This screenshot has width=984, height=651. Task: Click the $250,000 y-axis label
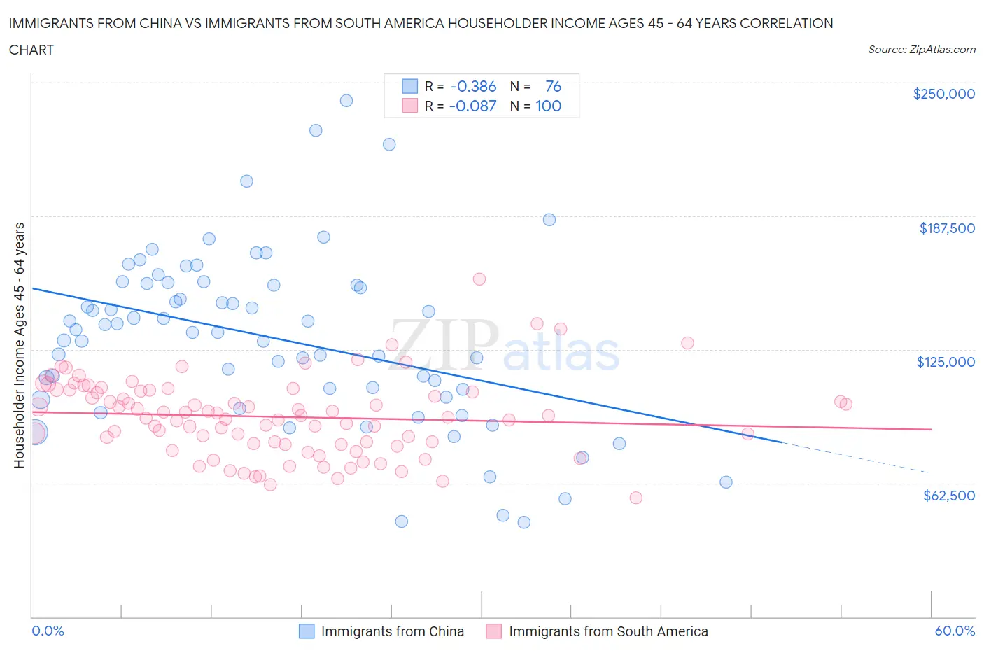coord(943,94)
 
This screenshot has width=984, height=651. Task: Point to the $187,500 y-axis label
coord(947,228)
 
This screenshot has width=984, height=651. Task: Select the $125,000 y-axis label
coord(946,362)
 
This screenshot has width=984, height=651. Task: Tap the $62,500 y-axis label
coord(948,496)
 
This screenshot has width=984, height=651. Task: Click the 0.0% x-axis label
coord(48,631)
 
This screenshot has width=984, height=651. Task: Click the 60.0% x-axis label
coord(955,631)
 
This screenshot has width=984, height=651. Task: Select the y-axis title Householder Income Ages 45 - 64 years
coord(19,345)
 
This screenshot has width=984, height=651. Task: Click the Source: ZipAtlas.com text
coord(921,50)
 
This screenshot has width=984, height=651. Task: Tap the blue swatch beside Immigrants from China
coord(307,631)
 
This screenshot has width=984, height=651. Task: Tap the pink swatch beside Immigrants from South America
coord(494,631)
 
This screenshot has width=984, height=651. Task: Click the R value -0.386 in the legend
coord(473,86)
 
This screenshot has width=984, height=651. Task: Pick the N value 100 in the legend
coord(548,106)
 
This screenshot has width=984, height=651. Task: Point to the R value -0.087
coord(473,106)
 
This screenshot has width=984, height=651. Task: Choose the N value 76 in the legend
coord(553,86)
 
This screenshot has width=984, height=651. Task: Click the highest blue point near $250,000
coord(346,100)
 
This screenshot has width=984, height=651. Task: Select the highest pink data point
coord(479,279)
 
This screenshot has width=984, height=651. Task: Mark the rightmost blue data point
coord(726,482)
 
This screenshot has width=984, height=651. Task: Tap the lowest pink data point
coord(635,498)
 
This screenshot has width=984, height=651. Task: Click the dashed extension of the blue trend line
coord(854,458)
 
